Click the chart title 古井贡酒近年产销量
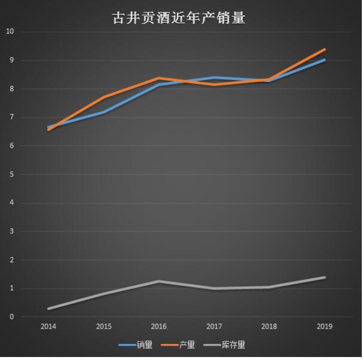[x=179, y=18]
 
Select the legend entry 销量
[x=144, y=345]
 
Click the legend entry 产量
[x=187, y=345]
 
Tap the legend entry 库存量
[x=233, y=345]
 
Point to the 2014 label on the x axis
[x=48, y=327]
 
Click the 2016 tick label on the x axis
[x=158, y=327]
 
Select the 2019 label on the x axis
[x=324, y=327]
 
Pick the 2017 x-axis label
[x=214, y=327]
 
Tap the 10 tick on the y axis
[x=10, y=32]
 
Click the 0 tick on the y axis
[x=11, y=317]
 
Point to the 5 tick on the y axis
[x=11, y=175]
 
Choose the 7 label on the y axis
[x=11, y=118]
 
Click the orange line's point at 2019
[x=324, y=50]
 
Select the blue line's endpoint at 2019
[x=324, y=60]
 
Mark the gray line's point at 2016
[x=158, y=281]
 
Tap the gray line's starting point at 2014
[x=48, y=309]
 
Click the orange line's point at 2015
[x=103, y=97]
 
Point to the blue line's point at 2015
[x=103, y=112]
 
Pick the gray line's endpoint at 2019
[x=324, y=277]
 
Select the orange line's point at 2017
[x=214, y=85]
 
